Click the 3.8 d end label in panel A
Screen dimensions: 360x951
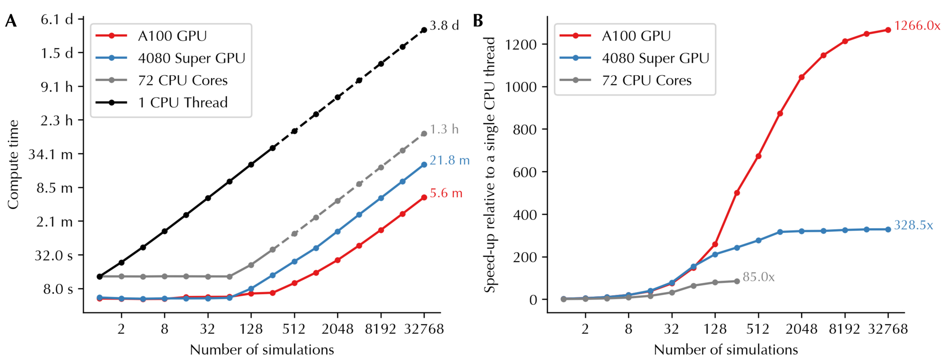[x=444, y=26]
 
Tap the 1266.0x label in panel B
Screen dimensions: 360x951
[x=917, y=26]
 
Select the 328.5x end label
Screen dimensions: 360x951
[x=913, y=225]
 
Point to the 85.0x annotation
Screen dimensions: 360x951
[x=758, y=277]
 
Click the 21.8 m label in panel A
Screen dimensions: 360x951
[x=449, y=161]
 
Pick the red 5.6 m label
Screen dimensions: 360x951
[x=446, y=194]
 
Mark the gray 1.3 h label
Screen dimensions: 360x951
[x=444, y=129]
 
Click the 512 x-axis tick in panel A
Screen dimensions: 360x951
[x=294, y=329]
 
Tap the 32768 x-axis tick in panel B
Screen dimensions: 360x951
[x=888, y=329]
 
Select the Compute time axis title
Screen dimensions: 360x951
[x=13, y=165]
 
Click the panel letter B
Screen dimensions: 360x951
[x=477, y=20]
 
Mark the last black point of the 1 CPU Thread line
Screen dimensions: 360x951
[x=424, y=30]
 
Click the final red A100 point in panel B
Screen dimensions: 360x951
[x=888, y=30]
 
